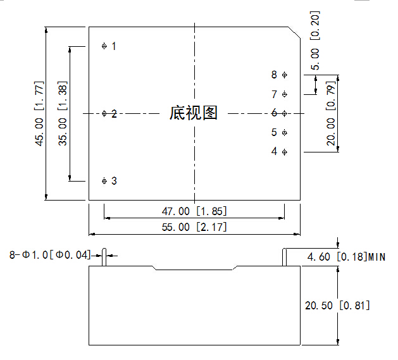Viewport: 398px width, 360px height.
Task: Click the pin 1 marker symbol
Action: [x=104, y=46]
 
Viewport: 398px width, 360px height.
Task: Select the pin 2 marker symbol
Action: [x=104, y=114]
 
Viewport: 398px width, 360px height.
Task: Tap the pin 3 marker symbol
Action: [x=104, y=181]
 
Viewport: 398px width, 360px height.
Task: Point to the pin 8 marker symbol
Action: [x=284, y=75]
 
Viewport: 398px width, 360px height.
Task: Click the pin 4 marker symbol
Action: [x=284, y=152]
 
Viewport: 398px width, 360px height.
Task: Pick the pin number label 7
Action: [x=275, y=94]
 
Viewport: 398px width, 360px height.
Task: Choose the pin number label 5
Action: [x=275, y=132]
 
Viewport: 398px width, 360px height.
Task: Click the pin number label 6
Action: [x=275, y=113]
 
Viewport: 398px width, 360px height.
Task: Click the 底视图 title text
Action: [x=194, y=113]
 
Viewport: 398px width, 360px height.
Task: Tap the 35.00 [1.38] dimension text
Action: [x=63, y=114]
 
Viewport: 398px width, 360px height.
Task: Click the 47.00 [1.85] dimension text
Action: [x=194, y=211]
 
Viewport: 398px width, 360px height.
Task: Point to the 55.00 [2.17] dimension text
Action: [x=194, y=227]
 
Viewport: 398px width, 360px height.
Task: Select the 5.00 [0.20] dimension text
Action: [x=316, y=40]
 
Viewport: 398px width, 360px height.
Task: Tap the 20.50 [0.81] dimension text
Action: [x=337, y=306]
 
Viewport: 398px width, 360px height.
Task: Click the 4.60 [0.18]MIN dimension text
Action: [x=346, y=257]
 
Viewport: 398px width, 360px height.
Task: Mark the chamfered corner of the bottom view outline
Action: [x=294, y=32]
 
